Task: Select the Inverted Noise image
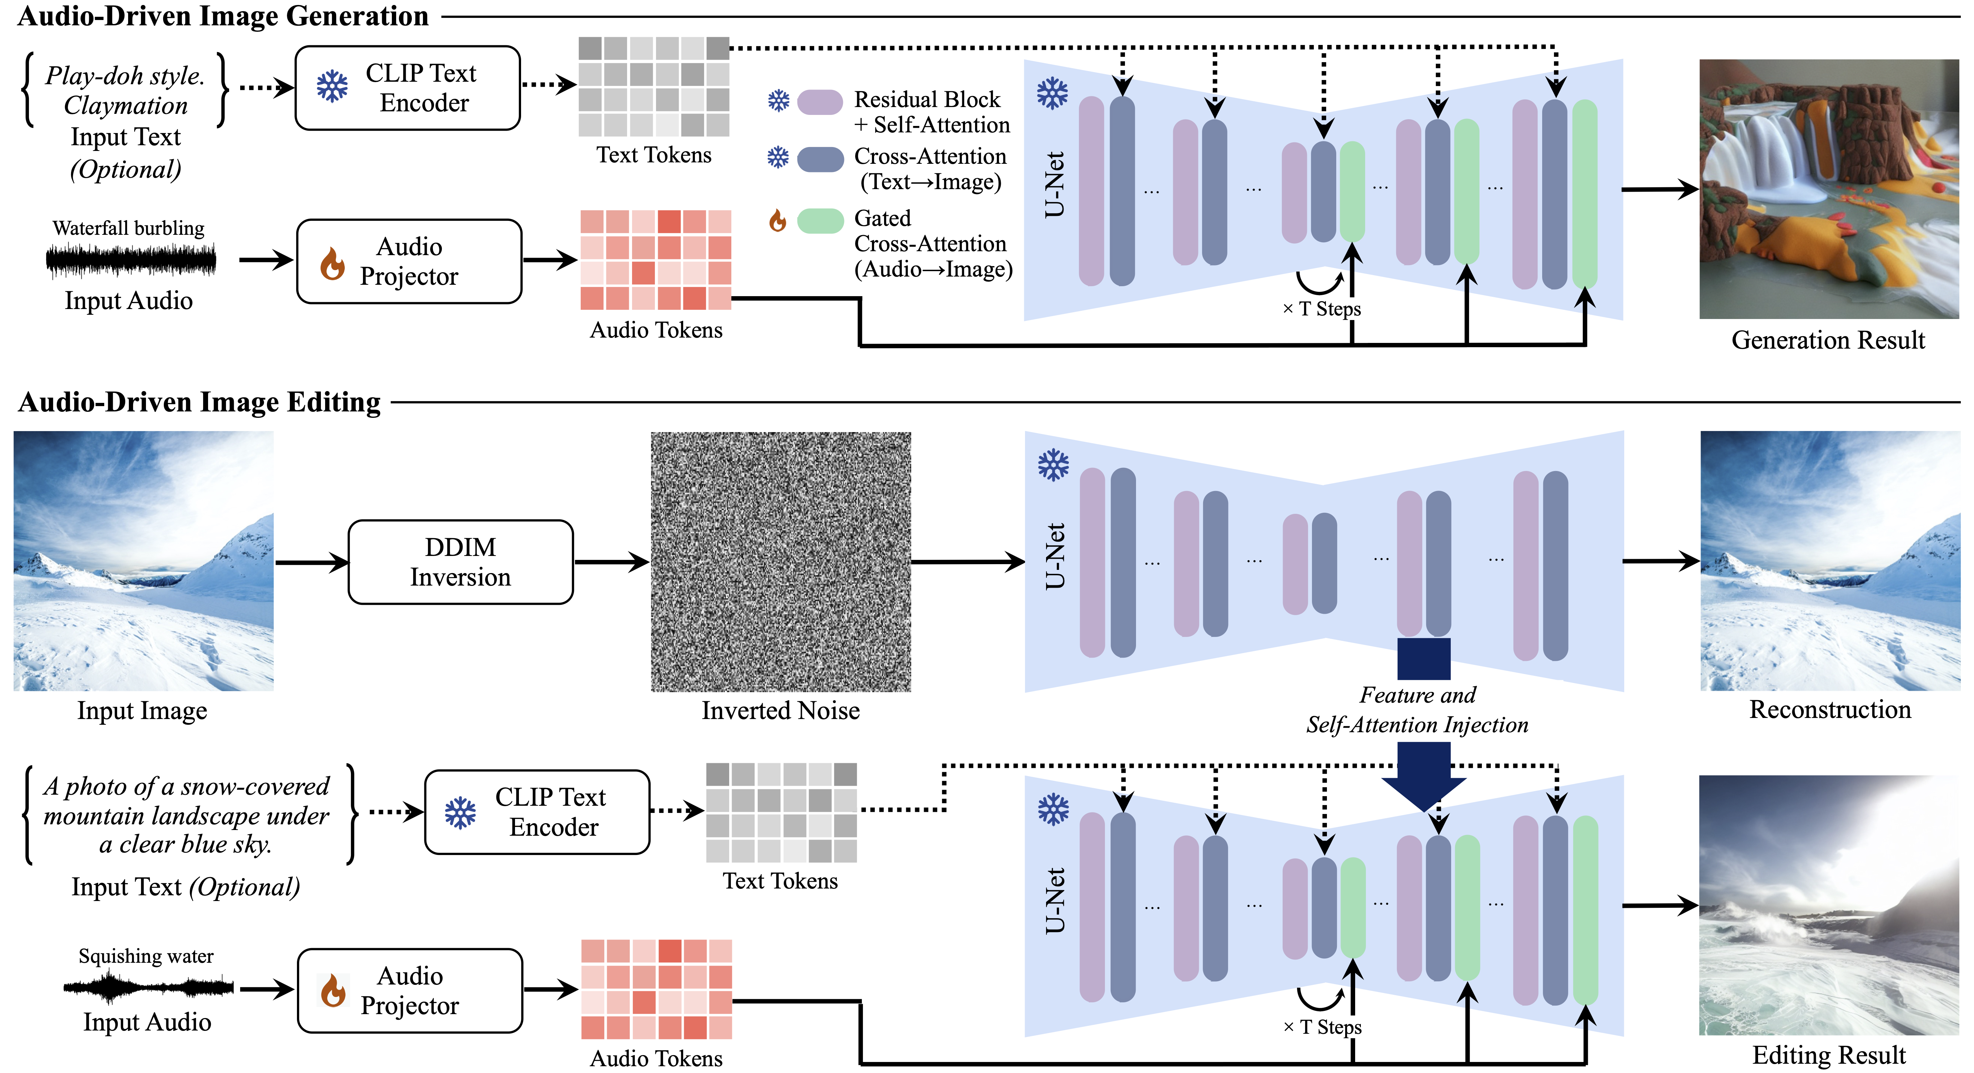[781, 562]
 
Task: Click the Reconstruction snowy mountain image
[1830, 561]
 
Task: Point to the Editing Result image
[1829, 905]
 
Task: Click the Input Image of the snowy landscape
[143, 561]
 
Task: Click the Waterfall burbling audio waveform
[131, 260]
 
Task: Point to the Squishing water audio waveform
[149, 986]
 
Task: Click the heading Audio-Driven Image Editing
[199, 403]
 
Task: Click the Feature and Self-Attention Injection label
[1417, 710]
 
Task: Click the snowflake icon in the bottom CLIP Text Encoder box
[460, 813]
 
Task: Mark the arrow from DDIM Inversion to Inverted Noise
[611, 563]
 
